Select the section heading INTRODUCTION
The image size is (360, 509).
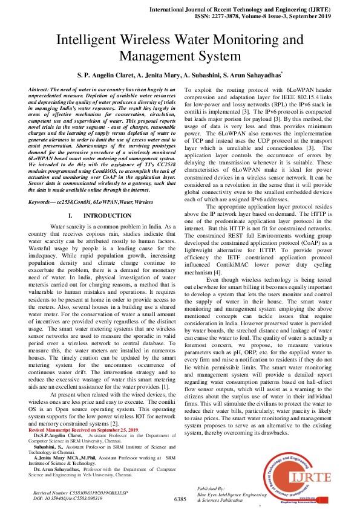[x=107, y=215]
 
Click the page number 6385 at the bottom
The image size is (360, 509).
[x=180, y=499]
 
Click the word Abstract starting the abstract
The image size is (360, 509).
[x=41, y=89]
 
